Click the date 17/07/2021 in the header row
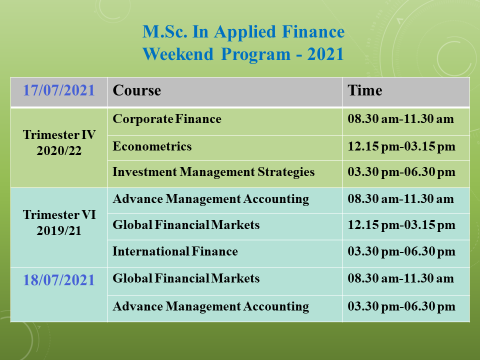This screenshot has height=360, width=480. pyautogui.click(x=59, y=90)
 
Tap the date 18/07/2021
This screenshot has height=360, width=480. pyautogui.click(x=59, y=280)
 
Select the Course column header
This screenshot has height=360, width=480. pyautogui.click(x=137, y=90)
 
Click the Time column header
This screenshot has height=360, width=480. pyautogui.click(x=365, y=90)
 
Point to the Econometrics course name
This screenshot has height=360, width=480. pyautogui.click(x=152, y=146)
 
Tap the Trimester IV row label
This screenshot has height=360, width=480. pyautogui.click(x=59, y=134)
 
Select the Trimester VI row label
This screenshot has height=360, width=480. pyautogui.click(x=59, y=214)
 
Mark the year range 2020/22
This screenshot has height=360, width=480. pyautogui.click(x=59, y=150)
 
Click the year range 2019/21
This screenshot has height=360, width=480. pyautogui.click(x=59, y=230)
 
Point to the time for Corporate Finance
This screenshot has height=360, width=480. pyautogui.click(x=400, y=119)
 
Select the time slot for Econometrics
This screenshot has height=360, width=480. pyautogui.click(x=401, y=146)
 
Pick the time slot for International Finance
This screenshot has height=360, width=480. pyautogui.click(x=401, y=251)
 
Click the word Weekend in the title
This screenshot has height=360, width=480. pyautogui.click(x=178, y=54)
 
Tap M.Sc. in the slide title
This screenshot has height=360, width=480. pyautogui.click(x=164, y=31)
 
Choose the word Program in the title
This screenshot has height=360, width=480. pyautogui.click(x=255, y=55)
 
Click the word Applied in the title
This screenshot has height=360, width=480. pyautogui.click(x=245, y=32)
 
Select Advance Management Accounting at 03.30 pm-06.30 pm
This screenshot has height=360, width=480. pyautogui.click(x=211, y=306)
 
